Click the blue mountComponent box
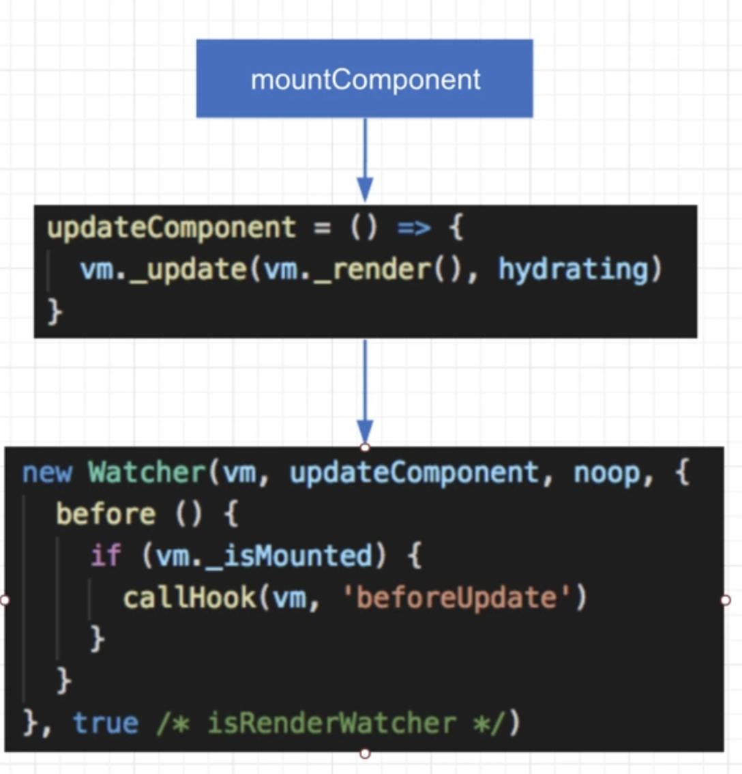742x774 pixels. [x=365, y=78]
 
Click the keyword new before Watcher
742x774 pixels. [x=46, y=472]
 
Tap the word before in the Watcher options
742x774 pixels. [x=106, y=514]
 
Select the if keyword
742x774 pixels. [x=106, y=556]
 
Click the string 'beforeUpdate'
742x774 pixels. [x=457, y=598]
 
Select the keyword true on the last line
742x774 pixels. [x=105, y=723]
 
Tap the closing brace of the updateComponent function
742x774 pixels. [x=55, y=311]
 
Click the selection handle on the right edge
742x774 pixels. [x=725, y=600]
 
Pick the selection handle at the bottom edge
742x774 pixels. [x=365, y=754]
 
